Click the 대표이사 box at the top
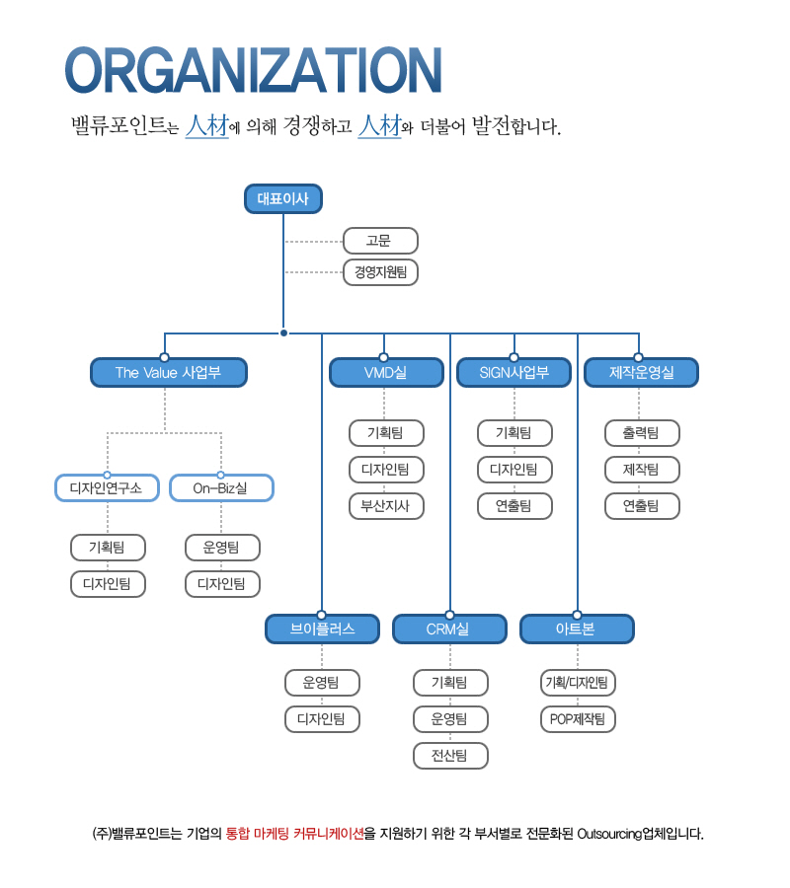click(x=283, y=198)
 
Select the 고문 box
click(x=381, y=241)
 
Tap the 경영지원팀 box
click(x=381, y=271)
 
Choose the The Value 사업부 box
click(x=168, y=373)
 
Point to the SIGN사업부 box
click(x=513, y=373)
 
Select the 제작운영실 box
click(x=641, y=373)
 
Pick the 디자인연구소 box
click(x=107, y=487)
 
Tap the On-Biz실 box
click(x=221, y=487)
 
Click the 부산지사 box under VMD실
click(x=386, y=506)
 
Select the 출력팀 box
click(x=642, y=432)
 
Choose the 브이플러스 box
click(x=322, y=629)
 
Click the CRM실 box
click(x=449, y=629)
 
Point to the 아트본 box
click(x=577, y=629)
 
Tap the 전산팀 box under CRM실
click(x=450, y=756)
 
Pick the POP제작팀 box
click(x=578, y=718)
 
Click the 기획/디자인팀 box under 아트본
click(x=578, y=682)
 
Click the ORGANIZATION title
click(x=253, y=72)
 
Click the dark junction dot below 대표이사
click(x=283, y=333)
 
